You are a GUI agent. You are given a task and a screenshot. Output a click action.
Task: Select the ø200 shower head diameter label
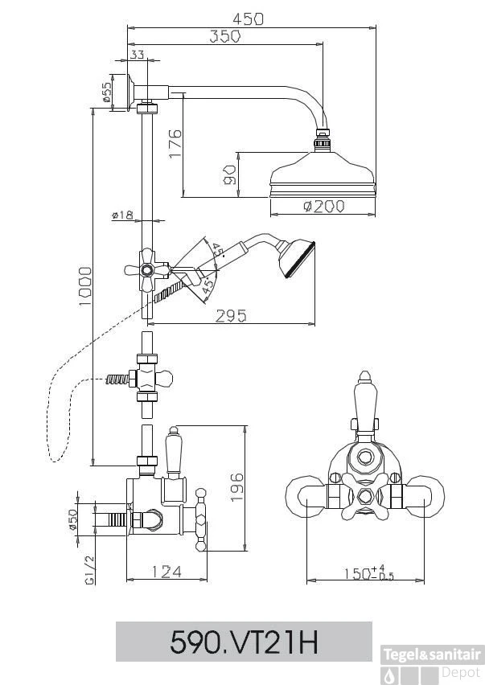tap(324, 207)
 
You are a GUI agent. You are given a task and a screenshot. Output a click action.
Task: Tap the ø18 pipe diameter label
tap(122, 215)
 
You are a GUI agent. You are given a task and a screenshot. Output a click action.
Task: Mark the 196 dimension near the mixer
tap(236, 487)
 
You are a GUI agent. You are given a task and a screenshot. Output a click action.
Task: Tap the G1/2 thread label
tap(90, 568)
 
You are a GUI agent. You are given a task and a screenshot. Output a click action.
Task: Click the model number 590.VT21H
tap(245, 642)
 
